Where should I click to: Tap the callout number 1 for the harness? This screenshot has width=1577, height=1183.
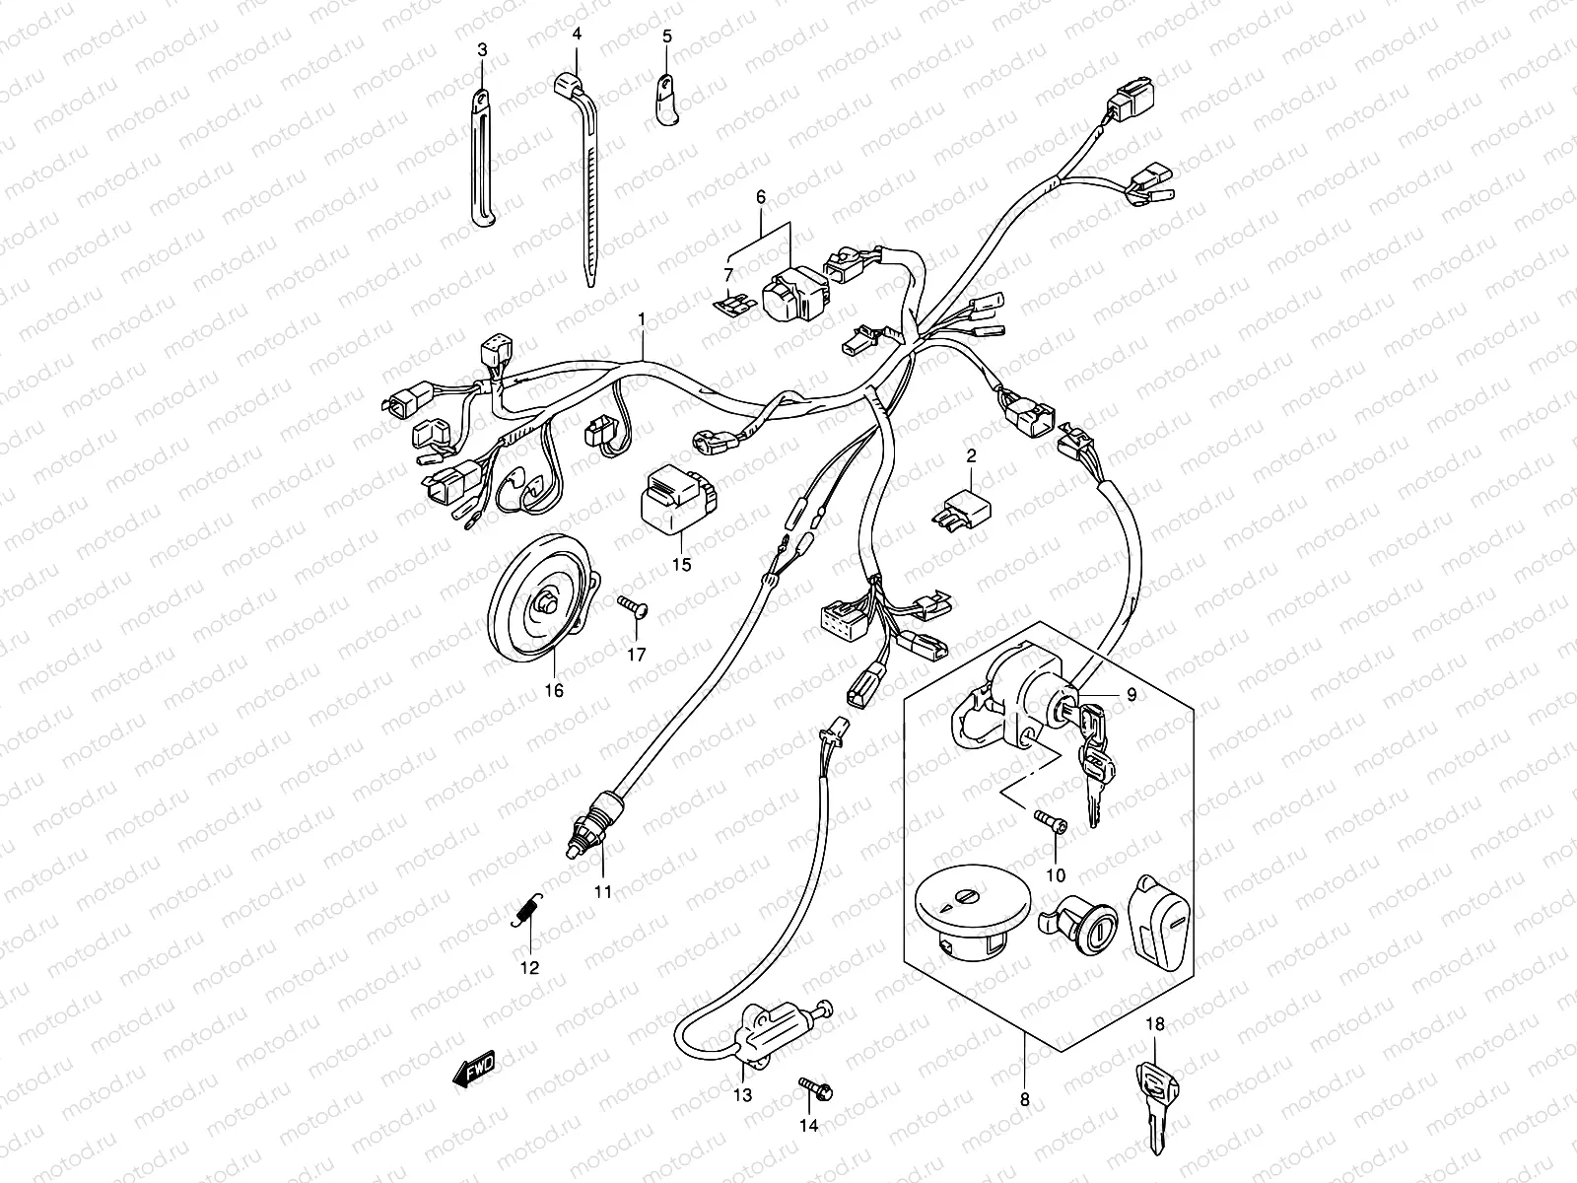tap(642, 319)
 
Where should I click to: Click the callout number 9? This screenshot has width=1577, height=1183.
tap(1132, 695)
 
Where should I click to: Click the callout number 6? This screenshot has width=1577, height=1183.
tap(760, 197)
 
